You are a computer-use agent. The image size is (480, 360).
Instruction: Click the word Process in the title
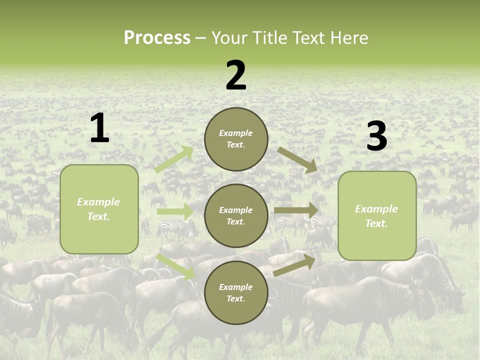tap(157, 38)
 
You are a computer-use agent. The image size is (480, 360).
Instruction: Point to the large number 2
tap(236, 75)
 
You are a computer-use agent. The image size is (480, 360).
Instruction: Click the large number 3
tap(376, 136)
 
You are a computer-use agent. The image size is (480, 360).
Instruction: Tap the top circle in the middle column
tap(236, 139)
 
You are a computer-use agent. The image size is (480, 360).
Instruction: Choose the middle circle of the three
tap(236, 215)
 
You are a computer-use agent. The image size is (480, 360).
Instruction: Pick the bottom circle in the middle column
tap(236, 292)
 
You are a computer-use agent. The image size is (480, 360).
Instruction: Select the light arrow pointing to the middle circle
tap(175, 211)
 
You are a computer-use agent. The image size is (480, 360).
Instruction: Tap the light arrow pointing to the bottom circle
tap(175, 266)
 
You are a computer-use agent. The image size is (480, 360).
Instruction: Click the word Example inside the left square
tap(98, 202)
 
